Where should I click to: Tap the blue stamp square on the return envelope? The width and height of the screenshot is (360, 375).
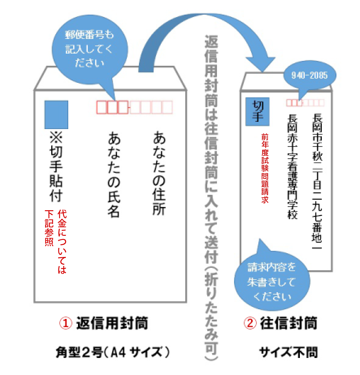(x=56, y=114)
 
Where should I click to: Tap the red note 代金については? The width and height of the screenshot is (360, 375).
(x=62, y=241)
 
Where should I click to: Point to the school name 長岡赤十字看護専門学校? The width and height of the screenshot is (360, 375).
(x=293, y=166)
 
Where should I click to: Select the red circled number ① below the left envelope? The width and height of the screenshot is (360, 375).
(x=65, y=323)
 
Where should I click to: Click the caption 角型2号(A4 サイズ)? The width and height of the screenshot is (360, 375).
(x=112, y=352)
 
